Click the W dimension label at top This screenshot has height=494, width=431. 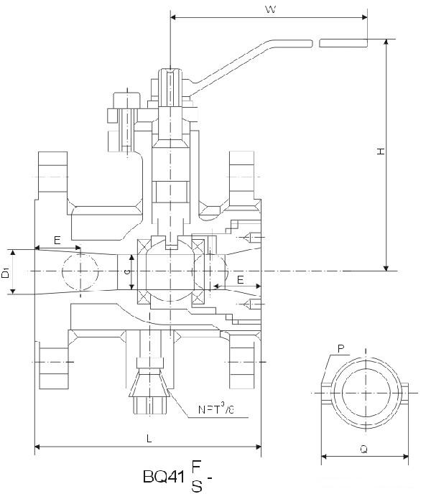click(271, 9)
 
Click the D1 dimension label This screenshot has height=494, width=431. click(6, 273)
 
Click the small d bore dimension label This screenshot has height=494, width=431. click(126, 271)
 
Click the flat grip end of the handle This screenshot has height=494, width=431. click(343, 43)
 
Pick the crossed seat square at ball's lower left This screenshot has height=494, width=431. click(142, 297)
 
